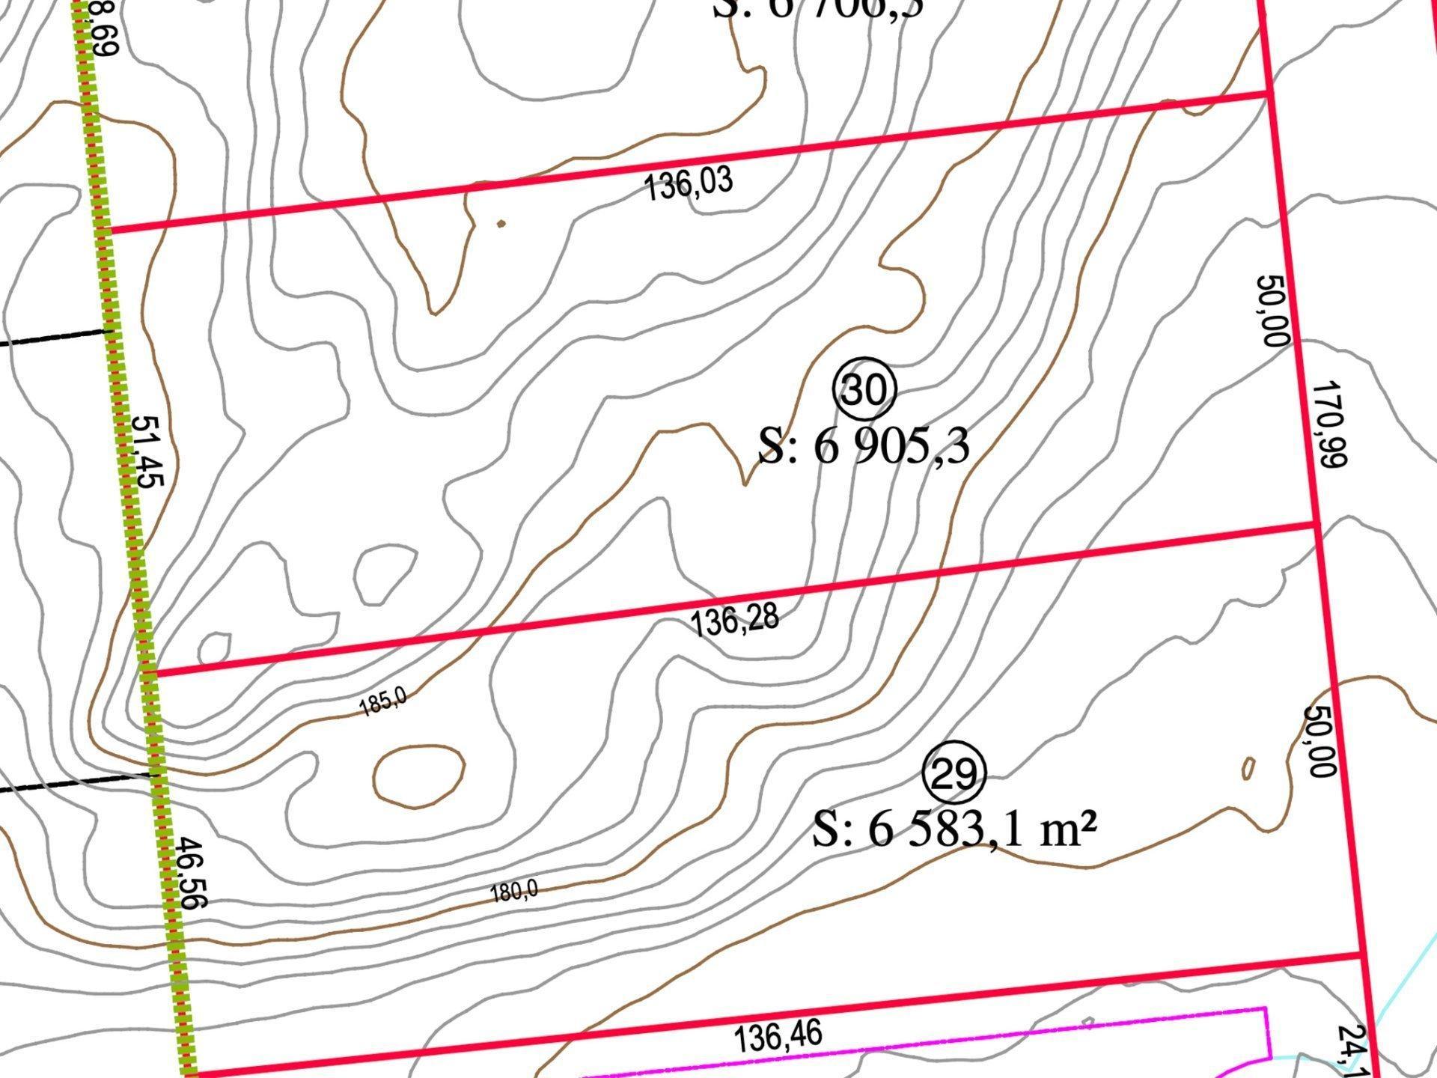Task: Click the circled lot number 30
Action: [x=864, y=389]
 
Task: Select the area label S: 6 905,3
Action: [x=864, y=447]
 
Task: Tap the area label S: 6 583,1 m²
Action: [x=955, y=830]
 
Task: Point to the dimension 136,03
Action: [x=689, y=184]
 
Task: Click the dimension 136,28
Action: [x=734, y=621]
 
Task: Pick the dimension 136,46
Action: [x=778, y=1037]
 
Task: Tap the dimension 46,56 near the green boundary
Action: [x=189, y=873]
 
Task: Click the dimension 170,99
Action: [x=1329, y=424]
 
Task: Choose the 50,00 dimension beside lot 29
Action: [x=1319, y=741]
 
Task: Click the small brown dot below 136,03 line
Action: [x=501, y=223]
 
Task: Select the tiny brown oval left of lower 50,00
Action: [x=1248, y=768]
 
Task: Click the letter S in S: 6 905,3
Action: [x=772, y=447]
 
